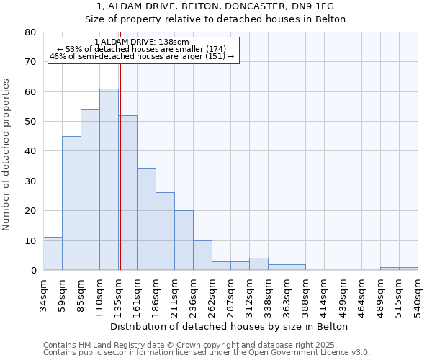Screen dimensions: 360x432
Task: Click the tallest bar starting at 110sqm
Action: tap(109, 179)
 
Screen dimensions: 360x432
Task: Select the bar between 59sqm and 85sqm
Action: tap(71, 203)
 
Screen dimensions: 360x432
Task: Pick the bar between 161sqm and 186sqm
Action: tap(146, 220)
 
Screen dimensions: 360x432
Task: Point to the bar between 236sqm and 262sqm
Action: tap(202, 255)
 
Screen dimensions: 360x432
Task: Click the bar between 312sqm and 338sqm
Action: tap(258, 264)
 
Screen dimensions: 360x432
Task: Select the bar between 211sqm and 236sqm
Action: tap(184, 240)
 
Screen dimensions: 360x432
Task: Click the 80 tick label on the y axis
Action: tap(30, 32)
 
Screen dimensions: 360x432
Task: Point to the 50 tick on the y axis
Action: tap(30, 122)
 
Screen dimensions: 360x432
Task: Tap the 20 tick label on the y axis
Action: tap(30, 211)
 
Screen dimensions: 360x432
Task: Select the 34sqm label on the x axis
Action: tap(43, 293)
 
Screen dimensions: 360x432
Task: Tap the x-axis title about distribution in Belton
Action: tap(230, 327)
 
